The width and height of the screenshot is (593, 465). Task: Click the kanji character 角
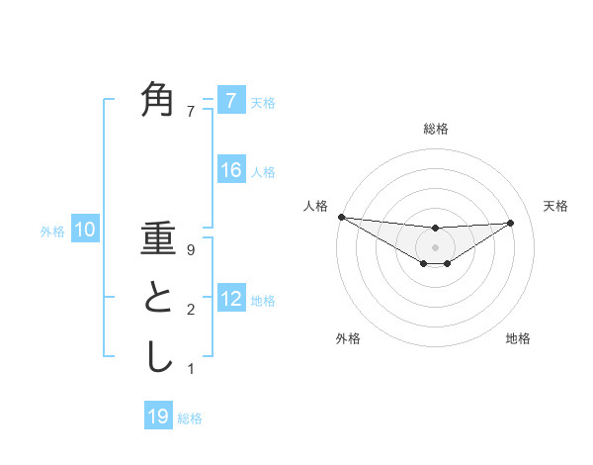pos(158,99)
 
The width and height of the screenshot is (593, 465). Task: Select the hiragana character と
pos(158,298)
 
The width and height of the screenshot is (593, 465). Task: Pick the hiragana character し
pos(158,357)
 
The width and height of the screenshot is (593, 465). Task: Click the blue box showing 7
pos(231,100)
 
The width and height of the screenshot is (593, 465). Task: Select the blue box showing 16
pos(231,170)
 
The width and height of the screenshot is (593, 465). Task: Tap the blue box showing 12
pos(231,298)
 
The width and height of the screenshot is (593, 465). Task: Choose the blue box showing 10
pos(86,231)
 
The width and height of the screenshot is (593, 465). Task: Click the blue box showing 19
pos(158,417)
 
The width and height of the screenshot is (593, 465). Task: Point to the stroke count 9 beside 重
pos(191,250)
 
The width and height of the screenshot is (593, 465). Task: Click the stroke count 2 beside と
pos(191,310)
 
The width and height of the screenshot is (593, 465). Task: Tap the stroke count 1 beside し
pos(191,369)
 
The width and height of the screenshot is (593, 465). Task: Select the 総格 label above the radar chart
pos(435,129)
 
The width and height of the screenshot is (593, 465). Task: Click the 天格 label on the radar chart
pos(556,206)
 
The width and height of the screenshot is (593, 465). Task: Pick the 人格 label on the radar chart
pos(315,206)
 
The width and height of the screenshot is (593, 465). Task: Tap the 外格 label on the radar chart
pos(348,338)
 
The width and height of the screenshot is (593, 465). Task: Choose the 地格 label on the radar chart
pos(518,338)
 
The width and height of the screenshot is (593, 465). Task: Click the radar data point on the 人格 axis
pos(341,217)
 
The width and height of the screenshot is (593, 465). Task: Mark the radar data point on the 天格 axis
pos(511,223)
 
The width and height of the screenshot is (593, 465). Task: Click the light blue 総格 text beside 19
pos(190,418)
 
